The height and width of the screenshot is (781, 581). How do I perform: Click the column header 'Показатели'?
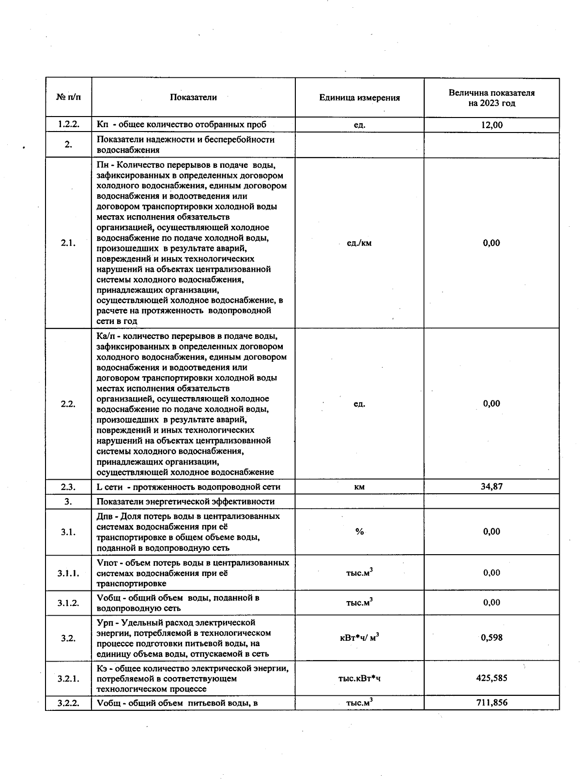coord(193,97)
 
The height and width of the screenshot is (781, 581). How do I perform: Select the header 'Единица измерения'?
coord(359,98)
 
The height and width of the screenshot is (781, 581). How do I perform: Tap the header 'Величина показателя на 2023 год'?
coord(491,98)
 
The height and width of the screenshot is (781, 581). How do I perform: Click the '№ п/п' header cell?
coord(68,97)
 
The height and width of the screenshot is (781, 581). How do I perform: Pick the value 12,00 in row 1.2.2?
coord(491,125)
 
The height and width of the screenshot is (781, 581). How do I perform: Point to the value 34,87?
coord(491,486)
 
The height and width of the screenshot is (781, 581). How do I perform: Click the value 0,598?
coord(491,637)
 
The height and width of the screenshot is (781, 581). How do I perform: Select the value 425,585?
coord(491,678)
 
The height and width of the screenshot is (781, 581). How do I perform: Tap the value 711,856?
coord(491,702)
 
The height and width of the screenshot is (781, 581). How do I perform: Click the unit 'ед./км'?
coord(359,243)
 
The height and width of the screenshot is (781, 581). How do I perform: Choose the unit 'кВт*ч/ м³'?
coord(359,637)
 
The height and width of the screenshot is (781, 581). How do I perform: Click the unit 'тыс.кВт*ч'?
coord(359,678)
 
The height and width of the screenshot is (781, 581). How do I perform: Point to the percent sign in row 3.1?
coord(359,531)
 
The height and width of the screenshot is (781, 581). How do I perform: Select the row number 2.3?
coord(68,487)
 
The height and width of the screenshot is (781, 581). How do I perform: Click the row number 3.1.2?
coord(68,603)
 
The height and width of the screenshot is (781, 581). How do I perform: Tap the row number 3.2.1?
coord(68,678)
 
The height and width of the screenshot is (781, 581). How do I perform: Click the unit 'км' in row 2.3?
coord(359,487)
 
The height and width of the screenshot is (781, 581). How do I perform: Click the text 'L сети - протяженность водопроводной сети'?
coord(188,487)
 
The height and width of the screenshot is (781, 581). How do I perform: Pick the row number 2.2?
coord(68,404)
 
